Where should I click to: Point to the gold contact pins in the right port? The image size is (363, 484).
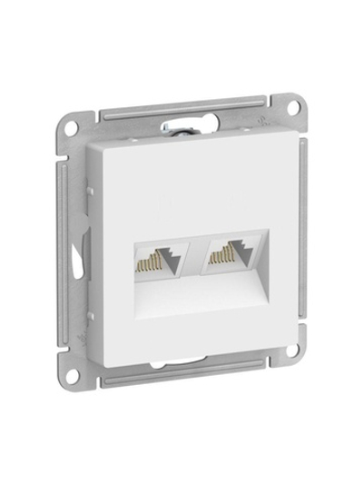(x=220, y=260)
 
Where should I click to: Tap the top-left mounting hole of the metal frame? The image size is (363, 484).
(x=76, y=124)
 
